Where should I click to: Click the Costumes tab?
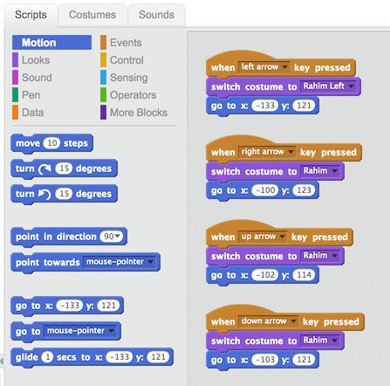(92, 15)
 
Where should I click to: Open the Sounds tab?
(156, 15)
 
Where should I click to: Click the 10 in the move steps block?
(51, 143)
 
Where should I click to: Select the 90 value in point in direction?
(112, 237)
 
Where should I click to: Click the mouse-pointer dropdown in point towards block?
(120, 262)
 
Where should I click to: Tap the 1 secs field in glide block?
(47, 357)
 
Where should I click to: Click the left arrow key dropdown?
(264, 67)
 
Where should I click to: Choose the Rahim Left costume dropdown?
(328, 86)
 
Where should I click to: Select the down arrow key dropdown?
(269, 321)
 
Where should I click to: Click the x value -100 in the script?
(265, 190)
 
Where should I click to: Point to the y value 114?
(304, 275)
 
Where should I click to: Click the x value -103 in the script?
(265, 360)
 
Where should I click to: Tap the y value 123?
(304, 190)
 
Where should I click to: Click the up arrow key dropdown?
(263, 237)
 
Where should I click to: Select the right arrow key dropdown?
(267, 152)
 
